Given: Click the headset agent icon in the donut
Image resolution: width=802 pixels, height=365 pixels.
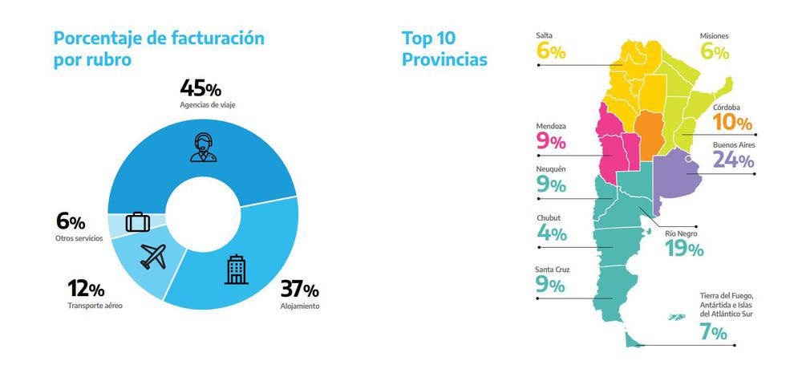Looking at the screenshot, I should tap(202, 148).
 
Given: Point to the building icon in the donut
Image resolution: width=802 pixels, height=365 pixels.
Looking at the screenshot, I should tap(236, 270).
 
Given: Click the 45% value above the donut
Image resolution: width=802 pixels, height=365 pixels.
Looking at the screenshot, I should tap(202, 88).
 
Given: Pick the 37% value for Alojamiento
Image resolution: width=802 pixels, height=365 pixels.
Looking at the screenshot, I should tap(299, 290).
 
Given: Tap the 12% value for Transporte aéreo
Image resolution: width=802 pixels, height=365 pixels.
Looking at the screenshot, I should tap(85, 289).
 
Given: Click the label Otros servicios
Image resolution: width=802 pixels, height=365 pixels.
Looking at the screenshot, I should tap(79, 239).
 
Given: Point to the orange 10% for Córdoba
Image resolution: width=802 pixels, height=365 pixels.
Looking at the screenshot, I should tap(732, 123).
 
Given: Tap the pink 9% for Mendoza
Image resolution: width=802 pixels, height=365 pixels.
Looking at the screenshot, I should tap(551, 143).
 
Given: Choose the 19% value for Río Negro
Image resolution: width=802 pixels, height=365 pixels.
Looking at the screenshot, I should tap(684, 249).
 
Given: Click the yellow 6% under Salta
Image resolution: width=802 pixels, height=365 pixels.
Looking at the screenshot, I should tap(551, 52).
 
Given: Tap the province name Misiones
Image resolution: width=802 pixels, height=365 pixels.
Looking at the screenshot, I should tap(713, 36).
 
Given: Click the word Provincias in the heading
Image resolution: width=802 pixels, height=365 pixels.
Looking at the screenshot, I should tap(444, 59).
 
